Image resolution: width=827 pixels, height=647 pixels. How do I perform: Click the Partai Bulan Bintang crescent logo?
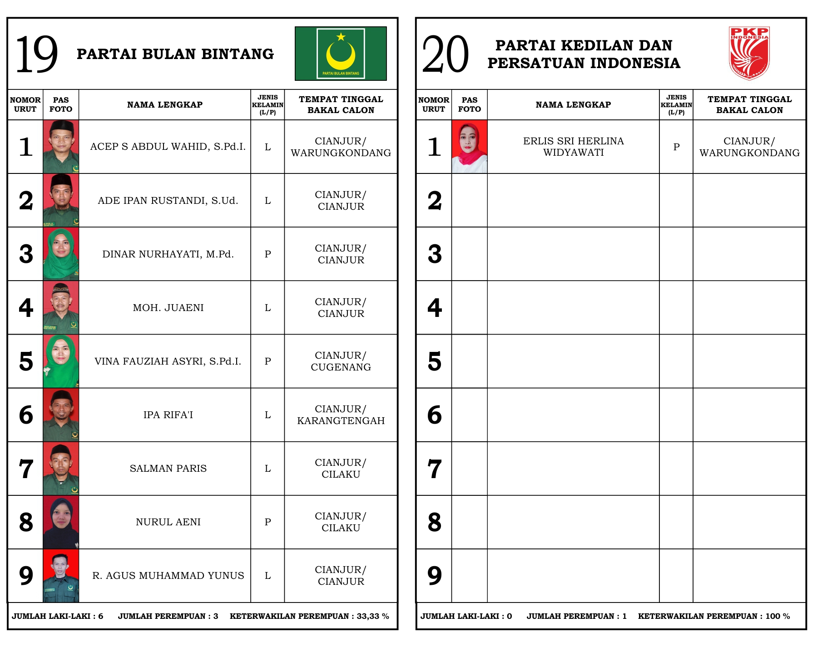coord(341,54)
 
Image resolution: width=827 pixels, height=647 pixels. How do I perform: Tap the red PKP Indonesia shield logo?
coord(749,53)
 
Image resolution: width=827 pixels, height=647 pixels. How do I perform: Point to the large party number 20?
coord(445,54)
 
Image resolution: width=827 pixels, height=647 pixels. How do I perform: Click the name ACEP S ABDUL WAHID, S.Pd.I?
coord(168,147)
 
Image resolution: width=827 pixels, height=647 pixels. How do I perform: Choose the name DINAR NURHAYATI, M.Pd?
coord(168,254)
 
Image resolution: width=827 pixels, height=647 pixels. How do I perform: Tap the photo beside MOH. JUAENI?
coord(61,307)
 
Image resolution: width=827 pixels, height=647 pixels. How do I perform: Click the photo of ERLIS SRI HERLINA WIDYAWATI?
coord(469,147)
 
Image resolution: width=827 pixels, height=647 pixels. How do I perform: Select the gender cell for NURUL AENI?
coord(267,522)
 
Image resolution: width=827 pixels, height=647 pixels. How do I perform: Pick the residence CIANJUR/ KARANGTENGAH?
coord(341,415)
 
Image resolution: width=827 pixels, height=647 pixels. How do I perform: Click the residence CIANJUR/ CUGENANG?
coord(341,361)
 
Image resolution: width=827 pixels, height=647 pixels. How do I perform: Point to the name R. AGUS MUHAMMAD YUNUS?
coord(168,576)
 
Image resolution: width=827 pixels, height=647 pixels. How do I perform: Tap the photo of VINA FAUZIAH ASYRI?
coord(61,361)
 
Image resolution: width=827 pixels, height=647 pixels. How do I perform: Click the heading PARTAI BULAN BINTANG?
coord(175,54)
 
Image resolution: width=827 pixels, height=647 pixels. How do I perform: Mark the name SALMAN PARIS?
coord(168,469)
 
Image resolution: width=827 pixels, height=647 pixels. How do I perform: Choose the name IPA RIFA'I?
coord(168,415)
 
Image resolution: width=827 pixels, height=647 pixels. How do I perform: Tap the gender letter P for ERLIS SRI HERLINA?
coord(676,147)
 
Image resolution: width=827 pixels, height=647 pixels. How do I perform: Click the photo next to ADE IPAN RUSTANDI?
coord(61,200)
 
